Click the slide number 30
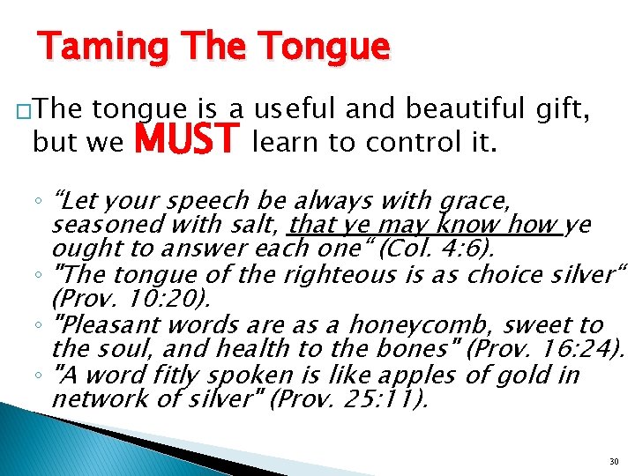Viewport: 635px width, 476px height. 613,461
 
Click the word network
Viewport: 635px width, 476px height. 97,400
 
